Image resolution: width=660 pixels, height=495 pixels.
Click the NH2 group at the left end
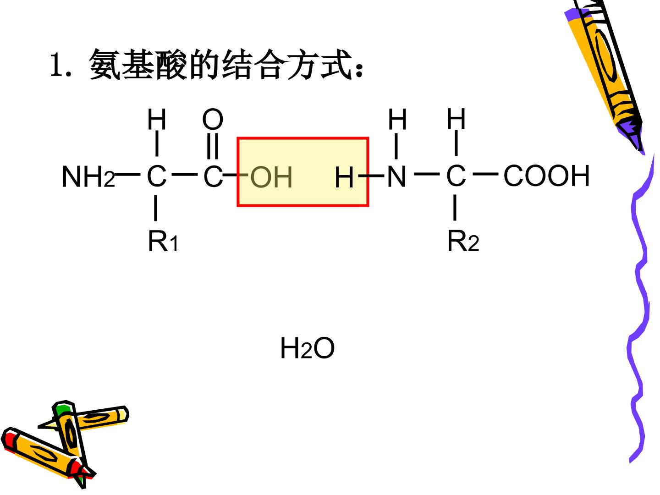coord(88,177)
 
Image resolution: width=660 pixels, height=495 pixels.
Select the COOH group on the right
coord(546,176)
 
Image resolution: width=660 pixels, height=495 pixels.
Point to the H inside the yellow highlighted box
coord(344,178)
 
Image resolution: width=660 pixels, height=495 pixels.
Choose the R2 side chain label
coord(463,241)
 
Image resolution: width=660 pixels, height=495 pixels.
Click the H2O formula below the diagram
coord(307,348)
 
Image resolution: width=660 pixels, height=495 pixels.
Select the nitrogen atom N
coord(396,176)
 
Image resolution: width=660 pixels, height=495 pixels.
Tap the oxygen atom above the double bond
coord(213,119)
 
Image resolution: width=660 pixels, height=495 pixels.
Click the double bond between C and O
coord(213,146)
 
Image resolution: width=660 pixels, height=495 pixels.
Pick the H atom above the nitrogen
coord(397,119)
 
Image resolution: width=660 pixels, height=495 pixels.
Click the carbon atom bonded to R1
coord(157,176)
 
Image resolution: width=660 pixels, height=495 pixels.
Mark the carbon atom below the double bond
coord(213,176)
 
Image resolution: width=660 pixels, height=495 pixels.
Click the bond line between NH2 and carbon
coord(127,175)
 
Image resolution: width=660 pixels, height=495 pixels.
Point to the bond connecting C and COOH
coord(485,174)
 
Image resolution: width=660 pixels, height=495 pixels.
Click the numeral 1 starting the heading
coord(57,65)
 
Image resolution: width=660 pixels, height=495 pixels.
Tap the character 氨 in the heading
coord(104,64)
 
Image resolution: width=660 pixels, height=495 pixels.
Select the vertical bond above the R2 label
coord(455,208)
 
